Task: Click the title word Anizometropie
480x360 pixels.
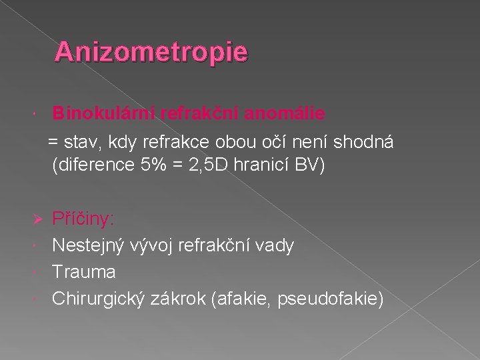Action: click(x=151, y=51)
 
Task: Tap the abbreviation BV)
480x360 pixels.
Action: click(x=307, y=165)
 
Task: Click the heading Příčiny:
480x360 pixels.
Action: click(x=83, y=219)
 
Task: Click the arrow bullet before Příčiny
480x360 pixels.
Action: click(x=38, y=219)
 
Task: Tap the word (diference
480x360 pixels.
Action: click(x=91, y=165)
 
